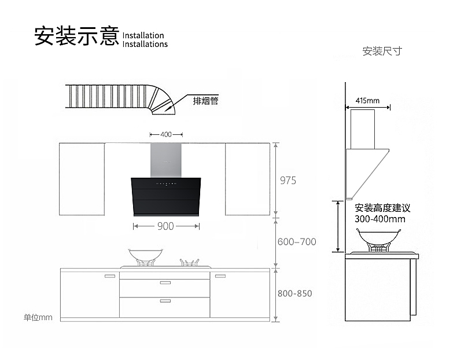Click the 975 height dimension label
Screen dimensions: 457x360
tap(288, 181)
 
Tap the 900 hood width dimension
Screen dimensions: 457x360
tap(165, 226)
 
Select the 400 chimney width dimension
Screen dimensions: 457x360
tap(166, 134)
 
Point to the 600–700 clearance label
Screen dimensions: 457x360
tap(297, 242)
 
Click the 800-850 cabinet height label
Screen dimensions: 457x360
tap(294, 293)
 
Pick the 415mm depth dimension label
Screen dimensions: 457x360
tap(367, 101)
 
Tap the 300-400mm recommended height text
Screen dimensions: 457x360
tap(380, 219)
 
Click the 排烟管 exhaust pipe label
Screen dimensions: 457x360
tap(205, 101)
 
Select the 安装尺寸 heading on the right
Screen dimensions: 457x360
tap(382, 52)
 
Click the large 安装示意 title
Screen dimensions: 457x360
tap(77, 36)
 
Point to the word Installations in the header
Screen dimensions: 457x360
tap(145, 45)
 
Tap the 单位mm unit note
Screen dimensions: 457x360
tap(38, 317)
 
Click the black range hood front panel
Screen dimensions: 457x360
tap(166, 196)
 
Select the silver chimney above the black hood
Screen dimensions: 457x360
tap(166, 160)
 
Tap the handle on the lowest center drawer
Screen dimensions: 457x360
tap(165, 301)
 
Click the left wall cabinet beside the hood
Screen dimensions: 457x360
tap(82, 179)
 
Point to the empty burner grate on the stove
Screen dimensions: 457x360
tap(189, 263)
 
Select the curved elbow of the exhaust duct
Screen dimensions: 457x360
tap(160, 100)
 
